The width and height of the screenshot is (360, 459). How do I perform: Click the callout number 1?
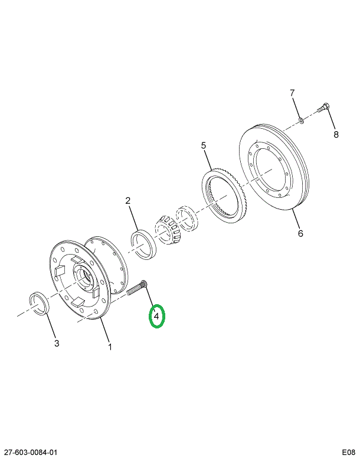coord(110,347)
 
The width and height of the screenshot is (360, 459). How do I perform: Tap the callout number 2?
coord(128,201)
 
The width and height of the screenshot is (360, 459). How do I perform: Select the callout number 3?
coord(57,343)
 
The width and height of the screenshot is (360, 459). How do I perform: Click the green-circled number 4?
coord(156,316)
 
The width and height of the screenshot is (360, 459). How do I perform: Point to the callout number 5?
coord(204,145)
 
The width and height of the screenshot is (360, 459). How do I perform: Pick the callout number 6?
coord(300,233)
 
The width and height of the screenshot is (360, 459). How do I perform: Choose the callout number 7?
coord(292,93)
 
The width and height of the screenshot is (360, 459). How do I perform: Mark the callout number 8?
coord(336,134)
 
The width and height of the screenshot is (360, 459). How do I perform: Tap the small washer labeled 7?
coord(301,120)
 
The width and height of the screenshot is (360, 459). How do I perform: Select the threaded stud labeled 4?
coord(138,288)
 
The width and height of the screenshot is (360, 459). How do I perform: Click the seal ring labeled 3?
coord(40,304)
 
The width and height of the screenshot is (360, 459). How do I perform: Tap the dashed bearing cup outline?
coord(188,217)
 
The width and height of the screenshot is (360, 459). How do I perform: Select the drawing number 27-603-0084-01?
coord(30,453)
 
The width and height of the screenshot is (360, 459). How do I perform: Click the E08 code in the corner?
coord(349,453)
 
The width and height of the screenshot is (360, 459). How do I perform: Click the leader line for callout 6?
coord(296,219)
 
